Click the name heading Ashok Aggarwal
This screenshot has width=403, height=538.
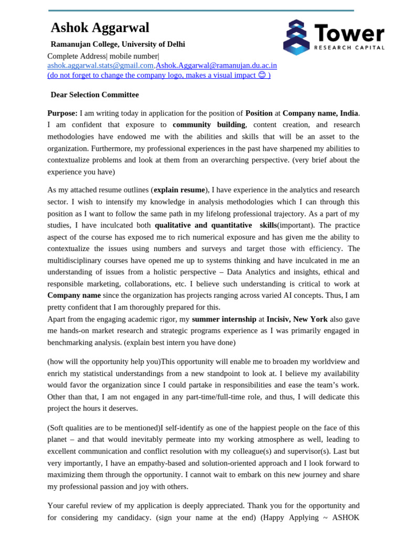[100, 28]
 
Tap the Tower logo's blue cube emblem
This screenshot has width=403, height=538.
[296, 37]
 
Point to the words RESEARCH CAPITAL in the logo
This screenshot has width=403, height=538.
[349, 47]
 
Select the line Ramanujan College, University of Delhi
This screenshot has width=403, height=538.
[118, 44]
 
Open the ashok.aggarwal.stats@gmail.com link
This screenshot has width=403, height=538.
[100, 66]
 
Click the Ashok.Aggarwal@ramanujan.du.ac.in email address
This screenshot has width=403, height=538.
[216, 66]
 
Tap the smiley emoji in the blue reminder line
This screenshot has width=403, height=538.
[262, 75]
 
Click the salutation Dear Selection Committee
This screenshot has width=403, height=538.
[94, 95]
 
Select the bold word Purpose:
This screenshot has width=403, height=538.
[62, 113]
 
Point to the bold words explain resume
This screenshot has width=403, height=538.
[179, 190]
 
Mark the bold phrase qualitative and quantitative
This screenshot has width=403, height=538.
[203, 225]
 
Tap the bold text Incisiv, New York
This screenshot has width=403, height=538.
[297, 319]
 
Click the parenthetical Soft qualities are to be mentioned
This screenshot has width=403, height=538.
[103, 428]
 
